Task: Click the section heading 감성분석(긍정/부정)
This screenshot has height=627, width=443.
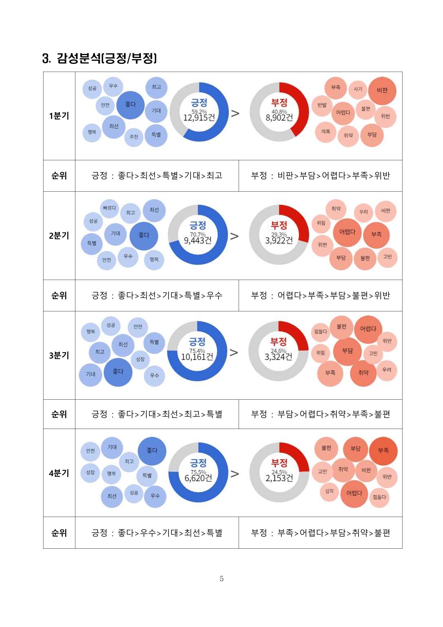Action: pos(99,58)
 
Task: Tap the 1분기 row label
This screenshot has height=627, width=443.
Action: pos(59,116)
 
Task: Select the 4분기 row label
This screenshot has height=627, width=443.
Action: pos(59,473)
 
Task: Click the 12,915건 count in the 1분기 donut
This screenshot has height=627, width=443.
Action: pos(199,118)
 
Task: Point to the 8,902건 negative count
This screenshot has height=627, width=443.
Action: pos(279,118)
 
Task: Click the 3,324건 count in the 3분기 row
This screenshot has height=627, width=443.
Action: pos(278,357)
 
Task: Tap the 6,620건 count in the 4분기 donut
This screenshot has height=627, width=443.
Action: pos(198,478)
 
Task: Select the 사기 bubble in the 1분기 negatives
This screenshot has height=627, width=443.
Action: pos(358,89)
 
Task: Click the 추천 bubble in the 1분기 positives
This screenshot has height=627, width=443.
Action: pos(134,137)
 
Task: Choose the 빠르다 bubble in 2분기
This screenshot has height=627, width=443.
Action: pos(109,208)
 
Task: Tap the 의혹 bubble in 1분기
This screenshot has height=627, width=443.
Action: pos(326,132)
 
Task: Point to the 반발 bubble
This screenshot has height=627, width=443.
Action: pos(322,105)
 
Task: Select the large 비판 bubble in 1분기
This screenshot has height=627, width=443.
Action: pos(382,90)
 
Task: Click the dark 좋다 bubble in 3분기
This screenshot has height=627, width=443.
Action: pos(118,372)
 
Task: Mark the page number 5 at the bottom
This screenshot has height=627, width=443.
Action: pos(222,578)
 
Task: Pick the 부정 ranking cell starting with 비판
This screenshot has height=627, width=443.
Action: pos(320,176)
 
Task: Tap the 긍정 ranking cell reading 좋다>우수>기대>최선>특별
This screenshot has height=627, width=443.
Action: pos(157,533)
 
